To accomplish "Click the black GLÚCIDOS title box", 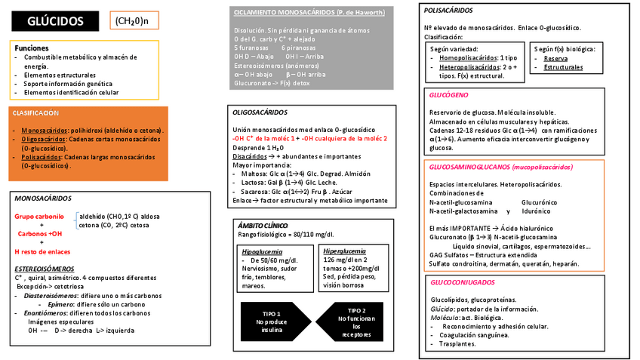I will point(54,21).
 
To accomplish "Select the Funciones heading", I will point(32,48).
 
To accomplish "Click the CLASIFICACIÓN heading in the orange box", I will point(35,112).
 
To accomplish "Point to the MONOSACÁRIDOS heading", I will point(43,198).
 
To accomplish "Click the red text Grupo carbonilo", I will point(39,216).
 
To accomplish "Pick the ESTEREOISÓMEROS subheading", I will point(44,269).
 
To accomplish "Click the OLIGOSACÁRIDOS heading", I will point(260,112).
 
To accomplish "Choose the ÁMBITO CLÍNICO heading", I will point(263,226).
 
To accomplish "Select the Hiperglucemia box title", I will point(346,251).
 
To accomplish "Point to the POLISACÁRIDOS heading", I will point(448,11).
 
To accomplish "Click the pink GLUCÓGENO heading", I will point(448,96).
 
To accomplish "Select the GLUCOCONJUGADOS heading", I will point(463,282).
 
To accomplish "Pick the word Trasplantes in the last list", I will point(457,343).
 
